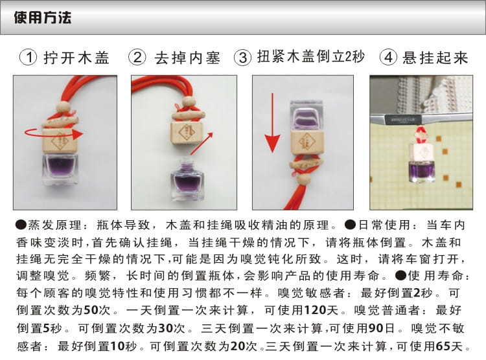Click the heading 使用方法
[43, 17]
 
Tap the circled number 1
[29, 58]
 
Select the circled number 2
[137, 58]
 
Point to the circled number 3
[243, 58]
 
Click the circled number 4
[388, 58]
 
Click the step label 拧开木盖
[76, 58]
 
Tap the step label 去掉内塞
[187, 58]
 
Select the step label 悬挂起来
[435, 58]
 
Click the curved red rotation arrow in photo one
[54, 135]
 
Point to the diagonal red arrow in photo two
[202, 144]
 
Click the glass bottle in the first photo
[60, 169]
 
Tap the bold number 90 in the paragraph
[376, 328]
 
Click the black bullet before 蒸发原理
[21, 225]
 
